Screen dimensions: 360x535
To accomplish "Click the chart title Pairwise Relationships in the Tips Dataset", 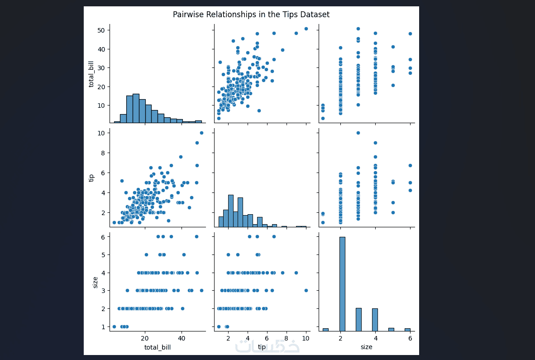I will pos(251,14).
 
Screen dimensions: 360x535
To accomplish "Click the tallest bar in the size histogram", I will pos(342,283).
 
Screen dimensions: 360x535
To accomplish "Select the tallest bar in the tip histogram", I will pos(231,211).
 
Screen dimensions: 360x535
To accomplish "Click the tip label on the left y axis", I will pos(91,178).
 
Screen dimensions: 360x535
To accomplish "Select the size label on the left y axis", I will pos(95,282).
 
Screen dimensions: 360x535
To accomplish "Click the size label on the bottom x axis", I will pos(366,347).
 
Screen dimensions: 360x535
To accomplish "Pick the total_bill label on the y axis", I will pos(91,73).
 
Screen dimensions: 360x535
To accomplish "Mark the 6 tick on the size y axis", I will pos(103,237).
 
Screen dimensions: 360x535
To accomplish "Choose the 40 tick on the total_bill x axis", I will pos(182,338).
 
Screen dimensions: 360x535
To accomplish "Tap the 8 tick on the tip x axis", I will pos(287,338).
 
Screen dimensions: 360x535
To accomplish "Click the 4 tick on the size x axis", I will pos(375,338).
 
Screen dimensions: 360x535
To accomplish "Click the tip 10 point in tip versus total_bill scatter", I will pos(201,133).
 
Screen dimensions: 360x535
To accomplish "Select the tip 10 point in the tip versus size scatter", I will pos(358,133).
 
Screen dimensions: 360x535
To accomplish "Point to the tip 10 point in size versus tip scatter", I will pos(306,291).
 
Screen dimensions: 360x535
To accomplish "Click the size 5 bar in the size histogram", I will pos(391,329).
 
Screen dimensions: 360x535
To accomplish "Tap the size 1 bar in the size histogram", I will pos(325,330).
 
